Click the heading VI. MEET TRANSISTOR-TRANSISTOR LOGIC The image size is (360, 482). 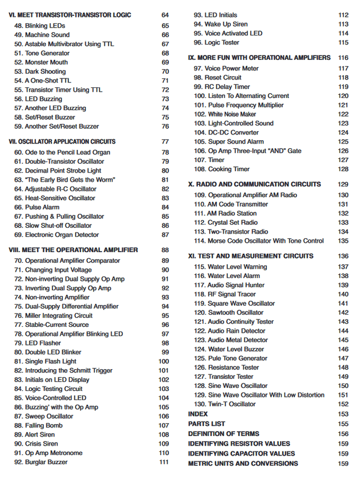click(70, 15)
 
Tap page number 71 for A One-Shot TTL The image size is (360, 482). click(165, 81)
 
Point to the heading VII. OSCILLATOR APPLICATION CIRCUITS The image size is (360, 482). click(62, 141)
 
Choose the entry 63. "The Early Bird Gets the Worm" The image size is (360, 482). click(65, 180)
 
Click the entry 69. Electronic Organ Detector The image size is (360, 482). click(56, 235)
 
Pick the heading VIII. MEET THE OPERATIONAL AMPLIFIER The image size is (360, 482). click(73, 250)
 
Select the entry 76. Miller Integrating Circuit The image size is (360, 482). click(53, 315)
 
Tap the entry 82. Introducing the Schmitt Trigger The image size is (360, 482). click(63, 370)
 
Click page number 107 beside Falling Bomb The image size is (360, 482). click(163, 425)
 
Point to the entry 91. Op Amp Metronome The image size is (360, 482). click(48, 453)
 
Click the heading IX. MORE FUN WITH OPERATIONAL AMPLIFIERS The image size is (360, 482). click(259, 58)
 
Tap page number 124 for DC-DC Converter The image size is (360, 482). click(343, 133)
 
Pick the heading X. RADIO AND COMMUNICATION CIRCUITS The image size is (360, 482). click(254, 184)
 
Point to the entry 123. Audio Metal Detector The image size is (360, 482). click(231, 340)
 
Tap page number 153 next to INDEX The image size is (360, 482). click(343, 414)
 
